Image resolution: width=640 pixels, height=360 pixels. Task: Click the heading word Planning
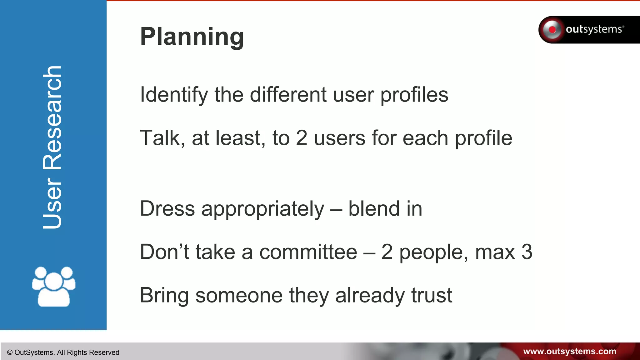(192, 37)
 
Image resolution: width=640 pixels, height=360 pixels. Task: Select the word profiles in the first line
(414, 95)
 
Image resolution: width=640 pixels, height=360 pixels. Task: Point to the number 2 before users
(302, 138)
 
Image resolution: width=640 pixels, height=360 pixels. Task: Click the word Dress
(167, 208)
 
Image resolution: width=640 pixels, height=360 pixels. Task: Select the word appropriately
(263, 209)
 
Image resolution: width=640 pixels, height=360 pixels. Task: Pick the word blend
(374, 208)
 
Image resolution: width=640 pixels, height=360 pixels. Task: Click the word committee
(308, 252)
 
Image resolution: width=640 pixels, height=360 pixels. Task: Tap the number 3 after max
(527, 252)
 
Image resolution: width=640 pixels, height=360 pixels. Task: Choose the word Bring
(164, 295)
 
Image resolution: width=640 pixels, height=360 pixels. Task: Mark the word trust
(432, 295)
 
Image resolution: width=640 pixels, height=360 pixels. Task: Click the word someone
(239, 295)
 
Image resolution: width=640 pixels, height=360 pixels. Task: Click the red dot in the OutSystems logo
(552, 30)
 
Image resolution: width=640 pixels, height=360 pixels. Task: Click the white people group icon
(53, 286)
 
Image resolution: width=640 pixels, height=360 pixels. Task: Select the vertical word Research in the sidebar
(52, 118)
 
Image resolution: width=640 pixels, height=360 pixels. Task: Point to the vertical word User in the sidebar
(52, 203)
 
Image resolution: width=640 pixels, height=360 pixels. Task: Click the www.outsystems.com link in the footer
(569, 352)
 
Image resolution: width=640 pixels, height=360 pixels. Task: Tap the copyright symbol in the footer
(10, 352)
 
